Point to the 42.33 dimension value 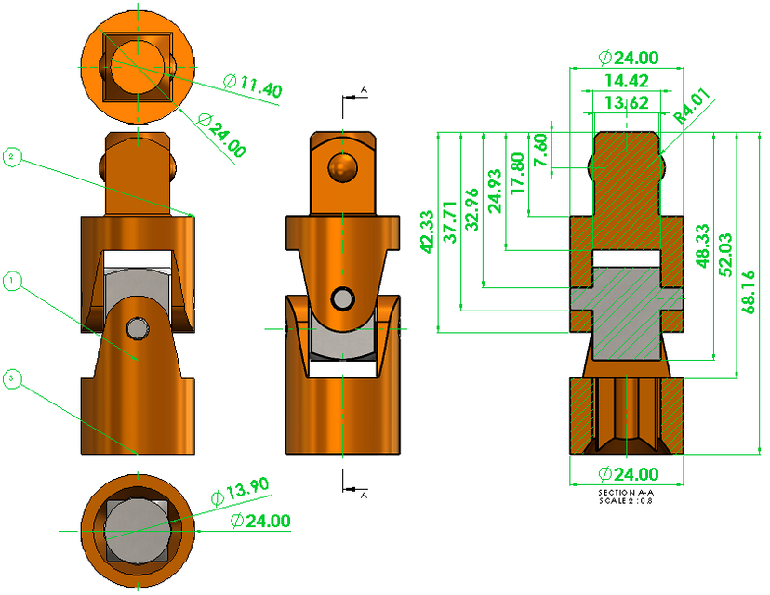[426, 230]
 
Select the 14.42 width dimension [626, 81]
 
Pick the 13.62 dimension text [626, 102]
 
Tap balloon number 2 [11, 158]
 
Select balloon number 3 [11, 377]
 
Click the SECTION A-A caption [626, 492]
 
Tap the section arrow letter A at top [364, 89]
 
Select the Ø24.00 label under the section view [627, 473]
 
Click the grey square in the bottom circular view [138, 530]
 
